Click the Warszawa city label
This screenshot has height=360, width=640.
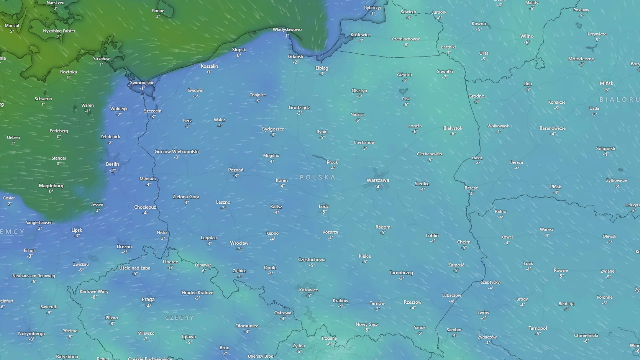pos(378,180)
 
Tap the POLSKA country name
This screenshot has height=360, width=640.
pos(317,177)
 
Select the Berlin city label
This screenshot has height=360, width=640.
pos(112,164)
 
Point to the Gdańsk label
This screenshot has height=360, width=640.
pos(296,57)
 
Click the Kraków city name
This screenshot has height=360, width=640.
pos(340,301)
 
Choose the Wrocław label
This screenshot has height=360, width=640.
pos(239,243)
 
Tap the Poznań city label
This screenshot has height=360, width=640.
pos(236,170)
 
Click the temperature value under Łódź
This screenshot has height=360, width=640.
pos(324,212)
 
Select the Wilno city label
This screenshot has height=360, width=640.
pos(527,36)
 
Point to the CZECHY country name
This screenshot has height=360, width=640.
pos(179,318)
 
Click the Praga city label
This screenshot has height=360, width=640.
pos(148,299)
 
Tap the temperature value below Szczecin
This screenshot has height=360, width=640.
pos(153,117)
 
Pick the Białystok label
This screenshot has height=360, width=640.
pos(453,128)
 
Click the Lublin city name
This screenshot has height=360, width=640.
pos(432,235)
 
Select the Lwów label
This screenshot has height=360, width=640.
pos(483,313)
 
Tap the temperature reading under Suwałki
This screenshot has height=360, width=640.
pos(445,77)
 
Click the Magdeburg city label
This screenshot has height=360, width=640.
pos(51,186)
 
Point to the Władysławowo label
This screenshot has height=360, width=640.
pos(287,30)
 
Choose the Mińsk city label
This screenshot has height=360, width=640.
pos(606,83)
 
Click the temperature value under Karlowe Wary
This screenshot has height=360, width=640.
pos(94,297)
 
